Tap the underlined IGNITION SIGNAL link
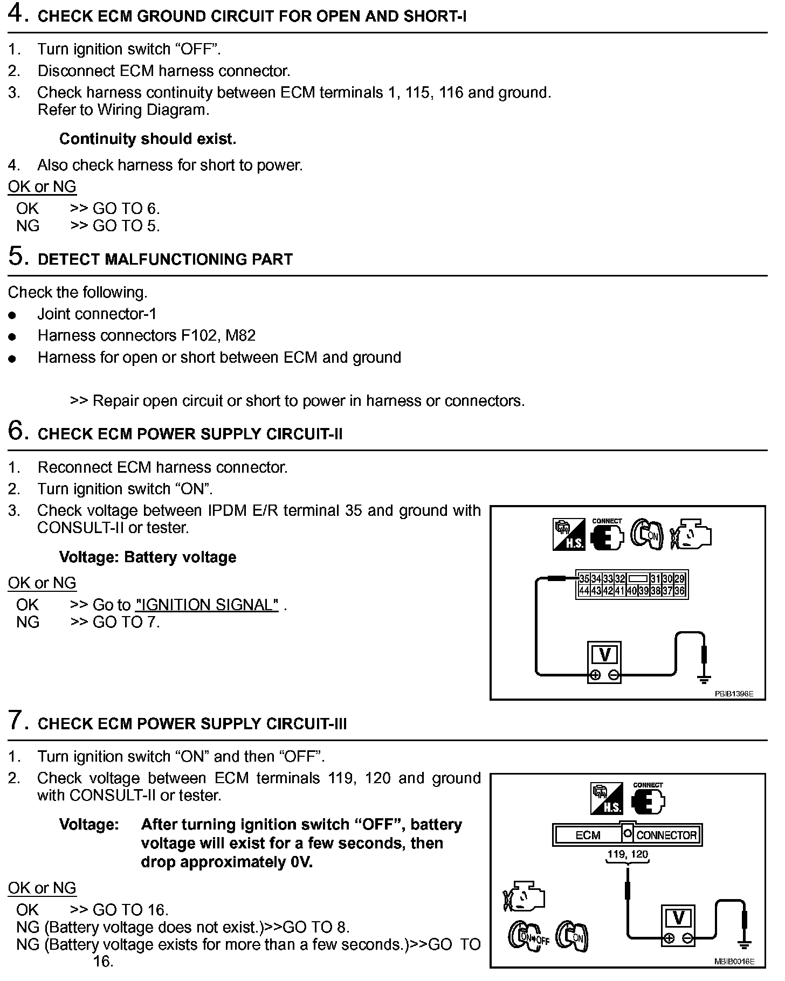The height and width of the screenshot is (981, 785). tap(207, 605)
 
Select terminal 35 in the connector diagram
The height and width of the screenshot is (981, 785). tap(584, 579)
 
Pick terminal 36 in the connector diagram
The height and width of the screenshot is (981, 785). tap(679, 591)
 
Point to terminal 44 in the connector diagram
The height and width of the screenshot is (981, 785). tap(584, 591)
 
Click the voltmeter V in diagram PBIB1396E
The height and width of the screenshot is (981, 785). tap(604, 655)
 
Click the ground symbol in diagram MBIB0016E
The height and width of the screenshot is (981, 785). tap(745, 943)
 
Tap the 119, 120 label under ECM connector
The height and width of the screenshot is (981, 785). tap(628, 854)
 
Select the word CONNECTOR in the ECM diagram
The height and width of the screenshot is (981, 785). tap(666, 835)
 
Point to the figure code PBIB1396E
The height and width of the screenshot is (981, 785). tap(734, 694)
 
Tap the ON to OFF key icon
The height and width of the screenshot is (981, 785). tap(528, 937)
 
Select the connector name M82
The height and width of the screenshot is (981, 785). tap(240, 336)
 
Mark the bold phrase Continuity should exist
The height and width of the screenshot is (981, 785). tap(148, 139)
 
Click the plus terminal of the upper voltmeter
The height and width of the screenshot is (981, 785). tap(596, 674)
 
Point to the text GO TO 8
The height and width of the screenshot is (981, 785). tap(316, 927)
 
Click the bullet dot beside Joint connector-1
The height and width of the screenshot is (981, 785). tap(12, 315)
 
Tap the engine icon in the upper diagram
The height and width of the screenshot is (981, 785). tap(691, 534)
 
